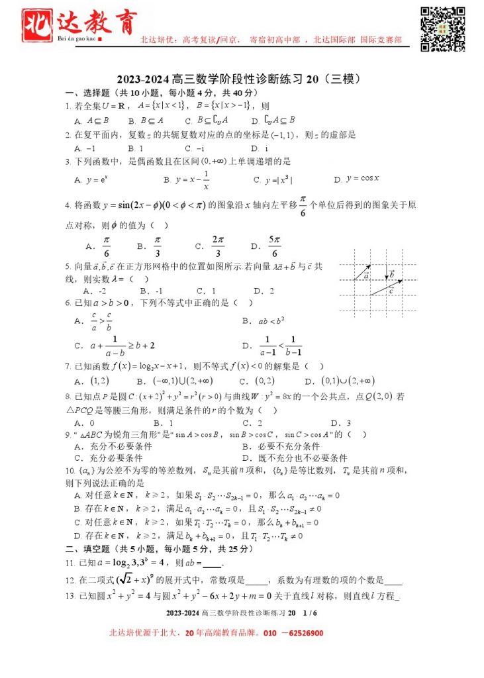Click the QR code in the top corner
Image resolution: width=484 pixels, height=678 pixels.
click(x=443, y=28)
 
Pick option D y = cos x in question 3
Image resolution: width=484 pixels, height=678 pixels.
click(x=358, y=179)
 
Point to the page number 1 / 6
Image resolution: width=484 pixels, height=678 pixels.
click(x=311, y=613)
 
